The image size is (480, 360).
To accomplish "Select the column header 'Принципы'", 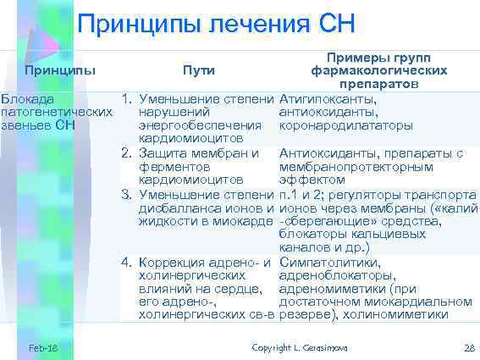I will tap(60, 68).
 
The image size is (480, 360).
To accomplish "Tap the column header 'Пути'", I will tap(199, 69).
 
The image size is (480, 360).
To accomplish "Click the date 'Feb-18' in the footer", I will tap(41, 348).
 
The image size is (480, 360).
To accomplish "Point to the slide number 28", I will tap(469, 348).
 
